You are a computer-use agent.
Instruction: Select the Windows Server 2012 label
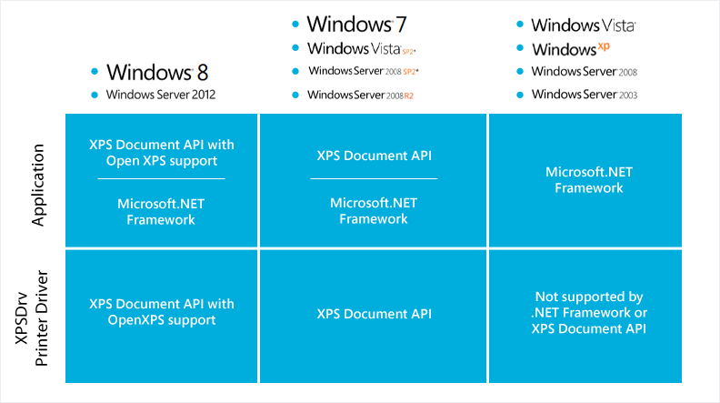coord(161,95)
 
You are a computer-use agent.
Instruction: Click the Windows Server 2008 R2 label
coord(360,95)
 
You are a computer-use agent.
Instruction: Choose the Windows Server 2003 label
coord(584,95)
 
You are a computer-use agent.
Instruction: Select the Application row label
coord(37,182)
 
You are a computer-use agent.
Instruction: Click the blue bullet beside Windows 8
coord(94,72)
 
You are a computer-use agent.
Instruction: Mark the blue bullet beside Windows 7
coord(295,25)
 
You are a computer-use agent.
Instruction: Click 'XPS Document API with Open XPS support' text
coord(161,152)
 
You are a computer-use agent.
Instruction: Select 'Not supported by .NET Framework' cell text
coord(588,313)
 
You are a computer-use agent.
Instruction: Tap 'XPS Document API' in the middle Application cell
coord(374,156)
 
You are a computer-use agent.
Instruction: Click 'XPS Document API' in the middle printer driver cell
coord(374,314)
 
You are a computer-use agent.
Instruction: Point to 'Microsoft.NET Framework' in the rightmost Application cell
coord(584,179)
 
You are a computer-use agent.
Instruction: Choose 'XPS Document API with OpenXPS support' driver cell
coord(161,312)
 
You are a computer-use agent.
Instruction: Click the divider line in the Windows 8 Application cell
coord(161,178)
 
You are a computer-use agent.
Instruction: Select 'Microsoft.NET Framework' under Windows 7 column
coord(374,210)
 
